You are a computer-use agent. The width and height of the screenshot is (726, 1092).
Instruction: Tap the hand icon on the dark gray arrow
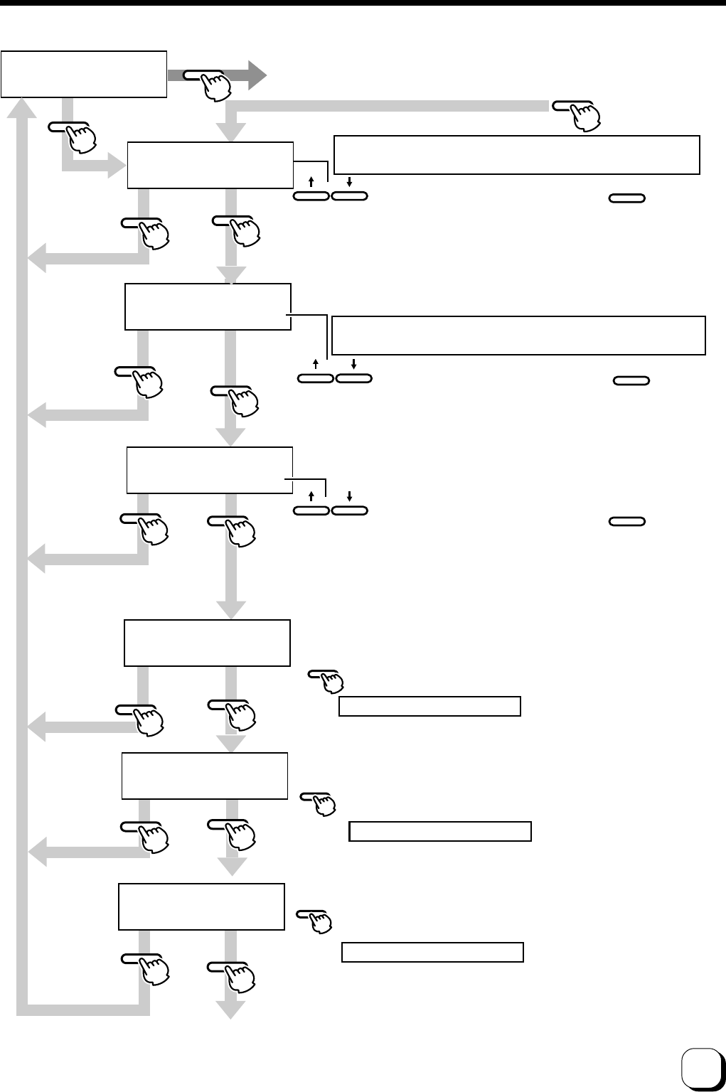click(x=213, y=85)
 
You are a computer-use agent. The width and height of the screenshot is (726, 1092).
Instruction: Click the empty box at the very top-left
click(x=84, y=74)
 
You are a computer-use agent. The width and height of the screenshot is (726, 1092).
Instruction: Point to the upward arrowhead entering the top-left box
click(x=27, y=107)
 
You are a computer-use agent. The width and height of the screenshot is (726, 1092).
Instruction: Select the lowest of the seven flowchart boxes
click(x=201, y=906)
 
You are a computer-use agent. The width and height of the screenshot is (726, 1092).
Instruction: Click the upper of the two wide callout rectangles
click(x=517, y=154)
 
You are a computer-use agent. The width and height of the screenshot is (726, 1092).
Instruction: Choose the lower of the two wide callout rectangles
click(x=518, y=335)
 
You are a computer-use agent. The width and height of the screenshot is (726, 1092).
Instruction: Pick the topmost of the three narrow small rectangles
click(x=430, y=706)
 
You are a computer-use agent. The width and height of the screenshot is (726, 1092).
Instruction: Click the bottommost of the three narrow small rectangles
click(x=432, y=952)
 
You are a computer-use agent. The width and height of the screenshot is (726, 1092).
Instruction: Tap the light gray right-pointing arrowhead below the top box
click(x=116, y=168)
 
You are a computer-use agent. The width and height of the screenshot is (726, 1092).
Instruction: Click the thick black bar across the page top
click(x=363, y=3)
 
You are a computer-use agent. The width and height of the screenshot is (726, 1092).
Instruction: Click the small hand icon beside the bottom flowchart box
click(x=318, y=922)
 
